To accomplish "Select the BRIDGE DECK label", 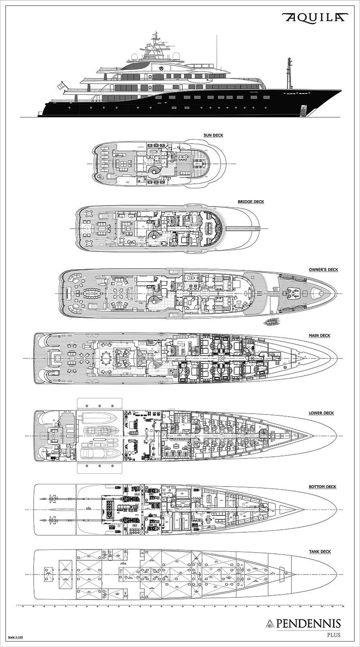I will [251, 201].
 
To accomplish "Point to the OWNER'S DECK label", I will [323, 270].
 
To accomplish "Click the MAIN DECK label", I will [319, 336].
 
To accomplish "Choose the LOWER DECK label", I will [321, 413].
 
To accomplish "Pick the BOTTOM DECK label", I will [322, 487].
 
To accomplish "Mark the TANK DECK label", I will [319, 551].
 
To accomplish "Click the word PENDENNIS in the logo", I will [308, 623].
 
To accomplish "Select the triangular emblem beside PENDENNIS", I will [270, 623].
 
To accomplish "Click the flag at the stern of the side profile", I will [63, 86].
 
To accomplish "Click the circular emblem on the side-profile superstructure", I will [161, 68].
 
